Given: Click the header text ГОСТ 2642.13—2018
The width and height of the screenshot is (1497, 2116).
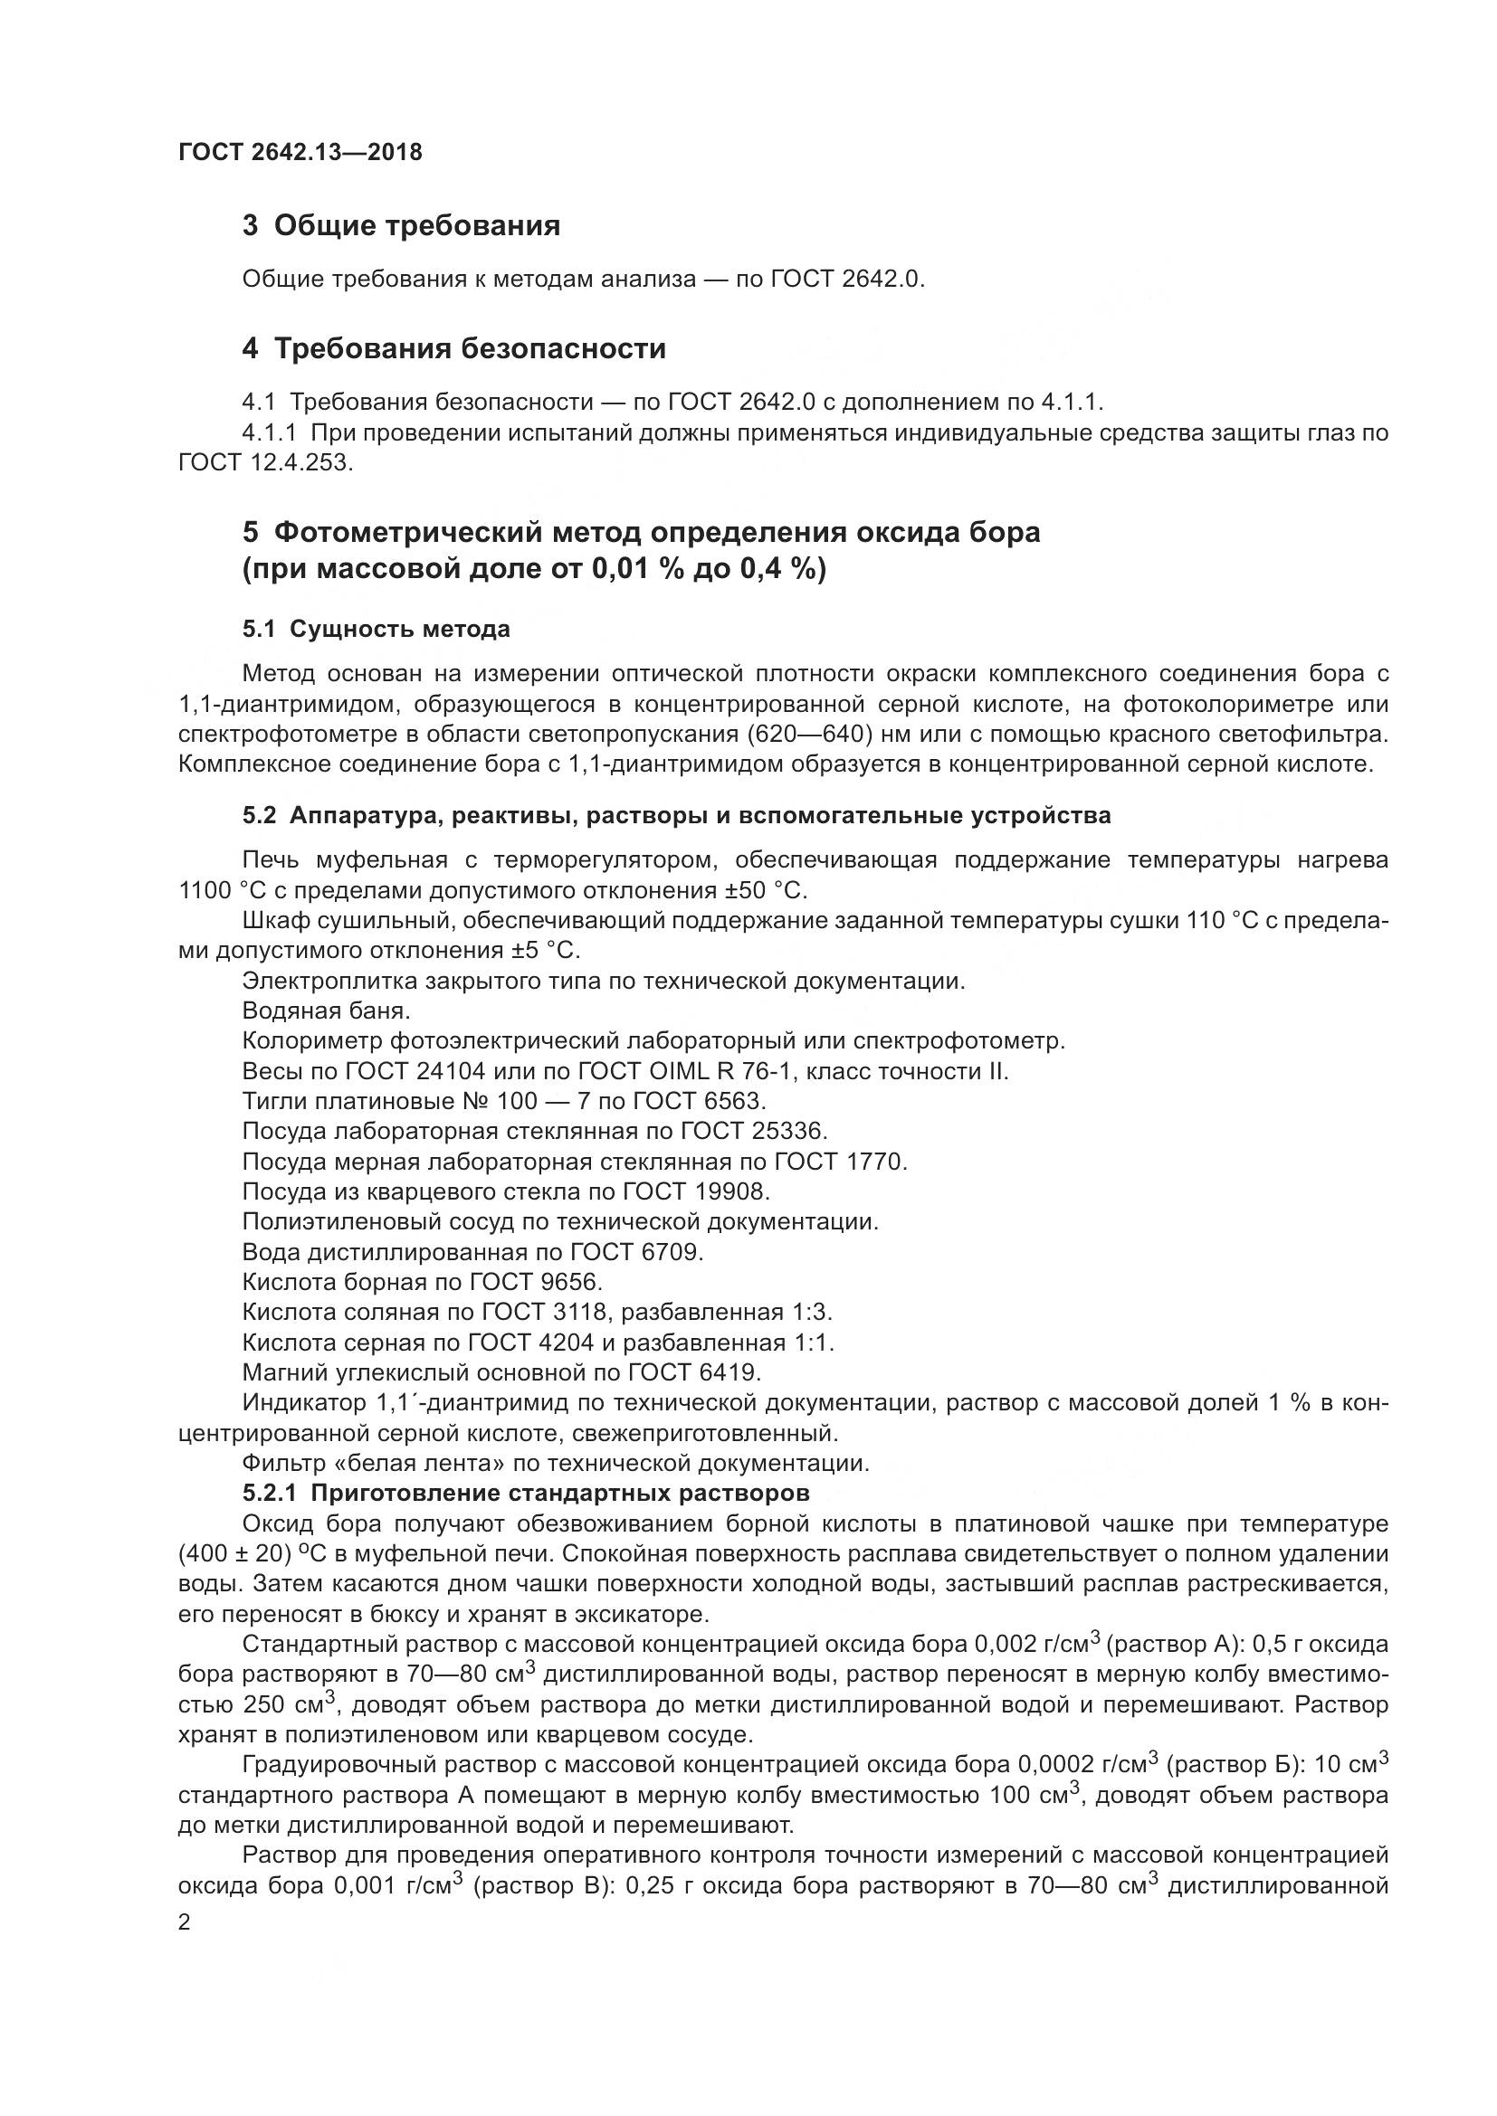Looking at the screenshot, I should pos(300,152).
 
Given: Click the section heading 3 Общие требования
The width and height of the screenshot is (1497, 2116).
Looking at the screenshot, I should pos(401,225).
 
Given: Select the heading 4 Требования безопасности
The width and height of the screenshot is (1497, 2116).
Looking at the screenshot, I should pos(453,348).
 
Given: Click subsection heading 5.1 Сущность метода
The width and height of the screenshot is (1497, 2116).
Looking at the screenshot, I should pos(377,629).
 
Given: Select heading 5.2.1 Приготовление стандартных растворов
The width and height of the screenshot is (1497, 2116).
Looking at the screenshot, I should pos(527,1492).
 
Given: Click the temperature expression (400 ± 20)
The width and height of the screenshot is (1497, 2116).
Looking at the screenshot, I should pos(234,1554).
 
